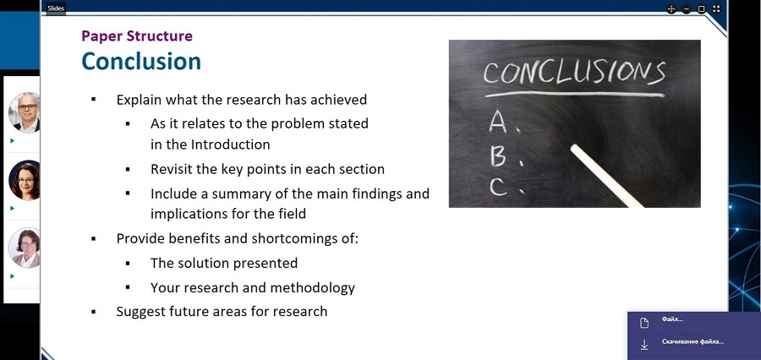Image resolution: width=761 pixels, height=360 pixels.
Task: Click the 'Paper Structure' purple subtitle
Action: (137, 35)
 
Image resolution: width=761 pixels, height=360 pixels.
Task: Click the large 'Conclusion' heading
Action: (141, 61)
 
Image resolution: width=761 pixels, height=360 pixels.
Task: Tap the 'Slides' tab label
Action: (56, 8)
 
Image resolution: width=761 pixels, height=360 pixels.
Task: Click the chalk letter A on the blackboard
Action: (498, 122)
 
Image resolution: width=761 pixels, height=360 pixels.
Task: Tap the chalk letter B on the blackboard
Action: (498, 155)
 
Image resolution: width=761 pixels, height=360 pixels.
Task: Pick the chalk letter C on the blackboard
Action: (498, 186)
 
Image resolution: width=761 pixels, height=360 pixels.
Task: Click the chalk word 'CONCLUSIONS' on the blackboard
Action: (573, 73)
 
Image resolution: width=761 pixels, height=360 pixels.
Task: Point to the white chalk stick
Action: (607, 176)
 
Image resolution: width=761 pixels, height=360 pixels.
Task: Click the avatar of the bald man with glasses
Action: (25, 112)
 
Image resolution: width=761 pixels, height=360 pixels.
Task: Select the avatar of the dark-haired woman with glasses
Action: (25, 180)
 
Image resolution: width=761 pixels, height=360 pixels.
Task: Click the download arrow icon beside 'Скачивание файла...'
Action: (644, 345)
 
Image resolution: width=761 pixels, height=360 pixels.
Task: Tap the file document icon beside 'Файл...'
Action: (644, 323)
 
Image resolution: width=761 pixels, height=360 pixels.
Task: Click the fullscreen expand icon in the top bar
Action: (716, 8)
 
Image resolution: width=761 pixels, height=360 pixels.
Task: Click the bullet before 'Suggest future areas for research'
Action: (93, 312)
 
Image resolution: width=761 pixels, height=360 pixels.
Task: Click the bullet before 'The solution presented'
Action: (128, 264)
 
